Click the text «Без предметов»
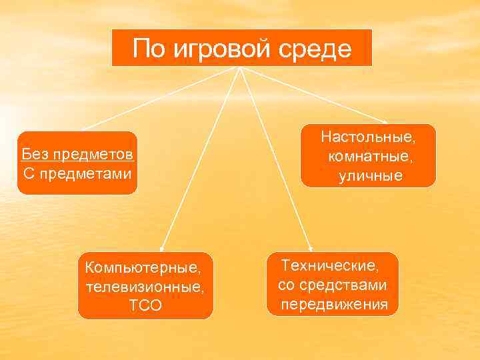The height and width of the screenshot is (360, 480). pos(77,155)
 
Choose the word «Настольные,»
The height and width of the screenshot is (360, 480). pos(368,137)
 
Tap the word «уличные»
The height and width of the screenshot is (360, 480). pos(369,176)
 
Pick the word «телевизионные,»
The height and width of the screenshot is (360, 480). pos(145,287)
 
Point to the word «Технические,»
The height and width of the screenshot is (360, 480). pos(330,265)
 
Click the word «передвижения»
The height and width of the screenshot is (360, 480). pos(334,305)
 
